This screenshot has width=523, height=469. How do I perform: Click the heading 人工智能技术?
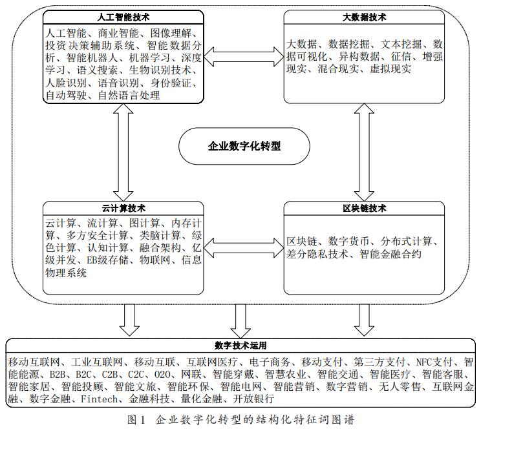pyautogui.click(x=123, y=17)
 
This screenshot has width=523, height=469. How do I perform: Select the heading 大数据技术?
pyautogui.click(x=364, y=17)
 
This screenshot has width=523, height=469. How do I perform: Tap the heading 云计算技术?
pyautogui.click(x=123, y=209)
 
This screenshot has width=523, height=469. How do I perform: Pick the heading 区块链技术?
pyautogui.click(x=364, y=209)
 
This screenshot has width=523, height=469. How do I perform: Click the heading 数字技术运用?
pyautogui.click(x=240, y=346)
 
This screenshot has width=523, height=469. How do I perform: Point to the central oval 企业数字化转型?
pyautogui.click(x=244, y=147)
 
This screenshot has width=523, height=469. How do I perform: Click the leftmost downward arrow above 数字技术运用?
pyautogui.click(x=129, y=319)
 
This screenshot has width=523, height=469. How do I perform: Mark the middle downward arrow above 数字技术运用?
pyautogui.click(x=241, y=319)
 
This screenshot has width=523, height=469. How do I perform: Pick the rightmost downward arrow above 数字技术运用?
pyautogui.click(x=364, y=319)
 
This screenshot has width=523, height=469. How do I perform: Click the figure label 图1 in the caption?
pyautogui.click(x=136, y=420)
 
